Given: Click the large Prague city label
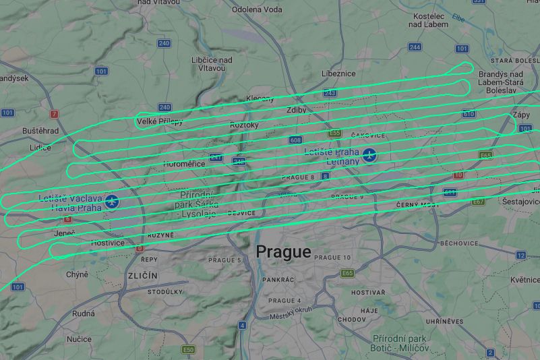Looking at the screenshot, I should [x=283, y=252].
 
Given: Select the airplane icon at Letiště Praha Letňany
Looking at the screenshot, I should [x=369, y=156].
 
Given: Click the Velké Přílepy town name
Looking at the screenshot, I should [x=160, y=122].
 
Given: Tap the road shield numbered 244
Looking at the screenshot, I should [x=415, y=47].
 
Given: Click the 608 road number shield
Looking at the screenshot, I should [x=295, y=140].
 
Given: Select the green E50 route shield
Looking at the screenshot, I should [x=188, y=350].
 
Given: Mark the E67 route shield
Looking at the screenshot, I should [x=479, y=202].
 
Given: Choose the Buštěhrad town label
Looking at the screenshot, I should [x=40, y=130].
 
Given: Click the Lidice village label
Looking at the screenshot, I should [x=40, y=147].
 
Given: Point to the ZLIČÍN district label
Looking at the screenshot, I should [x=143, y=276].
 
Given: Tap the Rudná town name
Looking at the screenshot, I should [x=84, y=313].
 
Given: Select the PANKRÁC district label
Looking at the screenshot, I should [x=278, y=279].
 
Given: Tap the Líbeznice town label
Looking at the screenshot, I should [x=338, y=73].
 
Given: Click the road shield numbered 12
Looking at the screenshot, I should [x=520, y=255].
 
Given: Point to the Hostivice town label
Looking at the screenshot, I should [x=107, y=242].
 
